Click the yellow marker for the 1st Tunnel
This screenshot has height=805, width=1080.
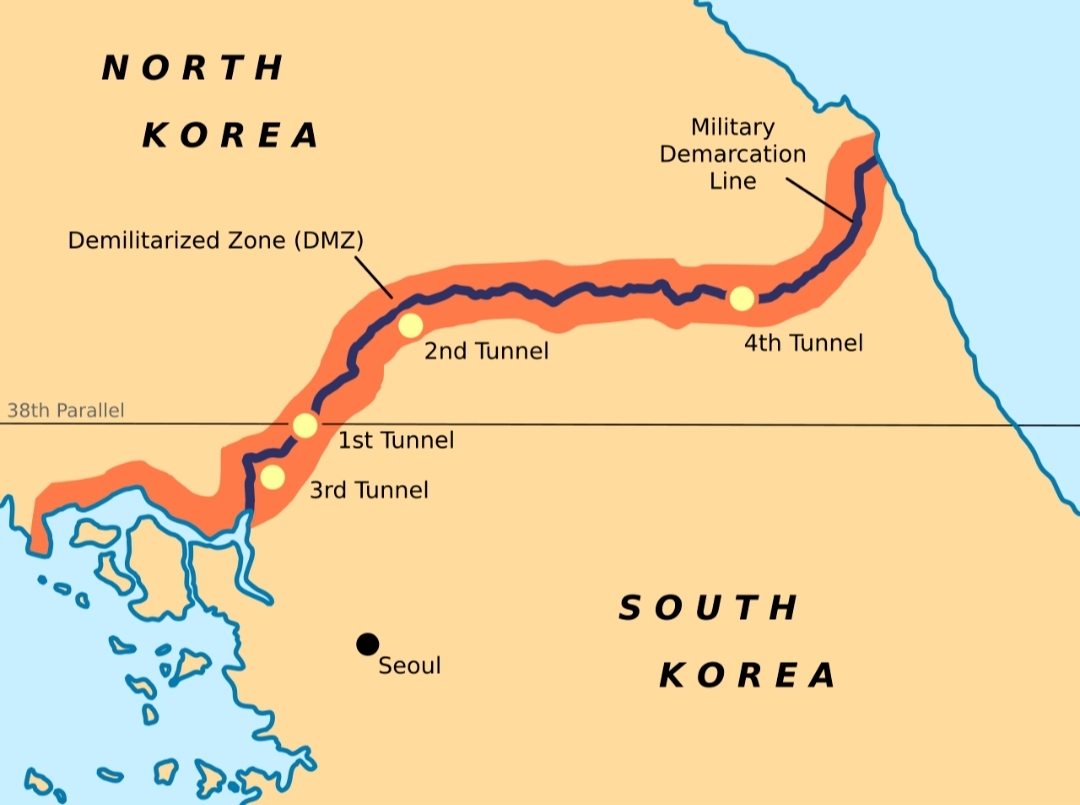click(305, 426)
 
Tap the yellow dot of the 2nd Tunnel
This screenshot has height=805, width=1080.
click(410, 326)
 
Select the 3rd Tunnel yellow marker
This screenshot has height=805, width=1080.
click(272, 477)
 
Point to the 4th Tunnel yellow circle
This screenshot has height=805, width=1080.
click(741, 298)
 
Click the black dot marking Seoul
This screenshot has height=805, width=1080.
click(367, 644)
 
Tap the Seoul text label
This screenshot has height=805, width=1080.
click(409, 666)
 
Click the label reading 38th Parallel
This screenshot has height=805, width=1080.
click(66, 411)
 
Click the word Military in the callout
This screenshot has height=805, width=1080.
click(732, 128)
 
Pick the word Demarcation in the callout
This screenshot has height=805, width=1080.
click(732, 154)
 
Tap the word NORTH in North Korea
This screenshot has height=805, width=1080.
click(194, 68)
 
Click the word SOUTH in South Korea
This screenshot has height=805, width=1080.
click(709, 608)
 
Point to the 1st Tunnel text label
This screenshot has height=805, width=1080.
click(395, 440)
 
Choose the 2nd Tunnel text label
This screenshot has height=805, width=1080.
click(486, 351)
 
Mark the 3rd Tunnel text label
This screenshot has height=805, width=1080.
click(368, 490)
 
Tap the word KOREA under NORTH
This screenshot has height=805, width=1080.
click(231, 135)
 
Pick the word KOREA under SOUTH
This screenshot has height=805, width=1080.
click(747, 676)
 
